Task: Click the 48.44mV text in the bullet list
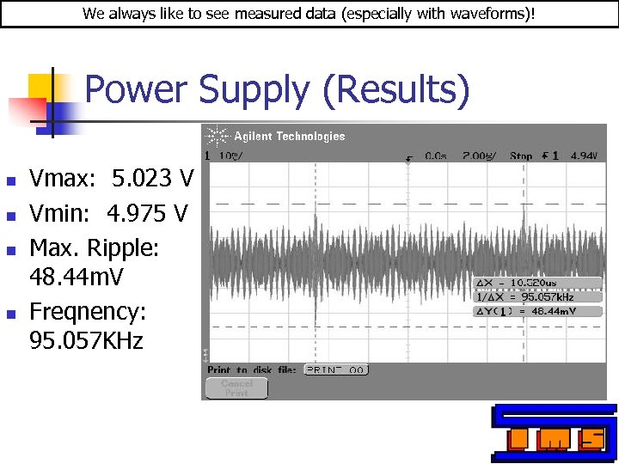pos(77,278)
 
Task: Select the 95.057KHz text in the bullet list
pos(87,341)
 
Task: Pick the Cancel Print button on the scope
pos(236,388)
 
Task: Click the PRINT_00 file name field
pos(335,369)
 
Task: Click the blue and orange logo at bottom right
pos(554,433)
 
